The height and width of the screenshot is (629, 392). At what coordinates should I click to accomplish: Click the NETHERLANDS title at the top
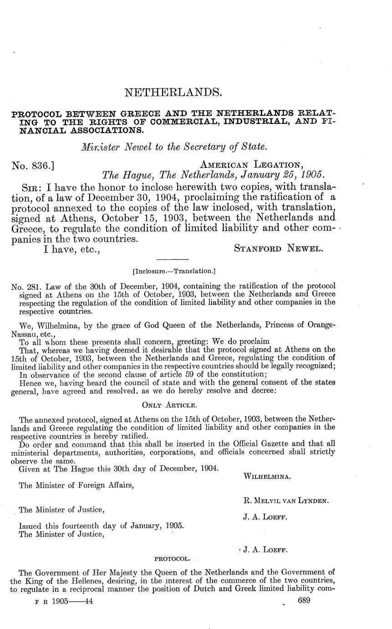point(173,93)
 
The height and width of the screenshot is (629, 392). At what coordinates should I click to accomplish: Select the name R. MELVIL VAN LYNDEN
point(286,500)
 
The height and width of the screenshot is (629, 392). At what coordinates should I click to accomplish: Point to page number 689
point(304,601)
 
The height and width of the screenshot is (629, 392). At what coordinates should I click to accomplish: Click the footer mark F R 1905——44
point(64,601)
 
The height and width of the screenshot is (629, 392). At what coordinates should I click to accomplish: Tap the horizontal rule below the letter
point(172,258)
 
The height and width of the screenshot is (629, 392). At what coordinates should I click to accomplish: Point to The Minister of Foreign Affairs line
point(76,485)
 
